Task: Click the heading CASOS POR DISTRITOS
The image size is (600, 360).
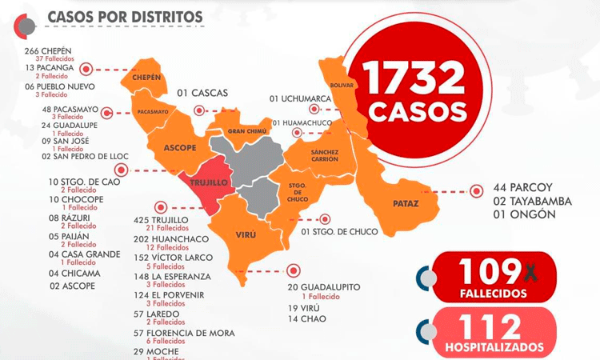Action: [124, 17]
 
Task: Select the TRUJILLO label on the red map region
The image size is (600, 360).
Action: [209, 183]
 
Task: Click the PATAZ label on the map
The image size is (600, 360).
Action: [406, 203]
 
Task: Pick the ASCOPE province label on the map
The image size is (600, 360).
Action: [180, 148]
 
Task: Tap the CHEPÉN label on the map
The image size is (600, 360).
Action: [147, 78]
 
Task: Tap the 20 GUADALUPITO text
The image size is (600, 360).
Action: [324, 287]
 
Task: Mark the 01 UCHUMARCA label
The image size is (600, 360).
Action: [300, 98]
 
